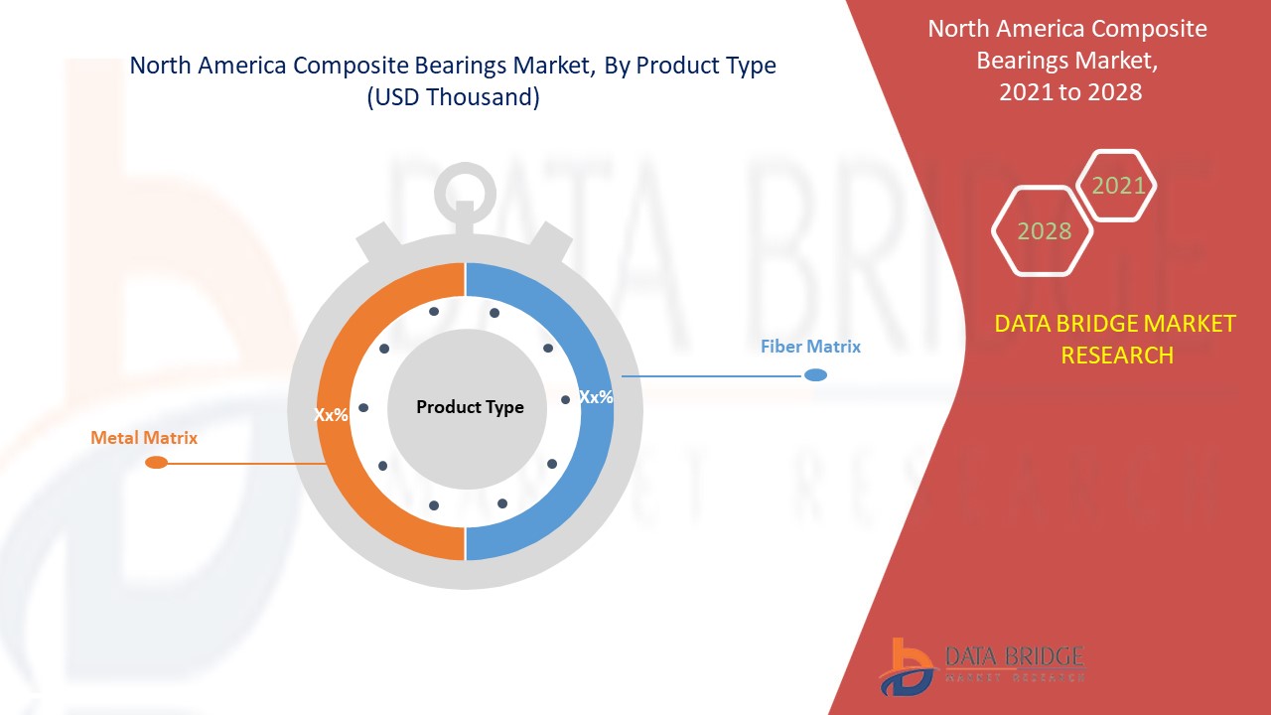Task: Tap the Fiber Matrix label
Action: pos(810,347)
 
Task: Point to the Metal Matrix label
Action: pos(144,438)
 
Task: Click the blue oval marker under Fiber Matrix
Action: pos(816,375)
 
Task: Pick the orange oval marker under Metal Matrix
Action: pos(156,463)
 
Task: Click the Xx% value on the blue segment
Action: pos(596,397)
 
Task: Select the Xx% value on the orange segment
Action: pos(331,415)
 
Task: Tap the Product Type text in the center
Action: pos(470,407)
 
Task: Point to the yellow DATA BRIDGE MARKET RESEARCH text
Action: pos(1115,340)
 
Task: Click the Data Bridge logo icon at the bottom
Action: pos(906,667)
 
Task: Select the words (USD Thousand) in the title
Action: pos(453,97)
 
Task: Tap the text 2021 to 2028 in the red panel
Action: pos(1070,92)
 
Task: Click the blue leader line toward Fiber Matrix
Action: pos(712,375)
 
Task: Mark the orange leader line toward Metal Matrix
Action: pos(247,464)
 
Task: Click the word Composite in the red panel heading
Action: pos(1149,29)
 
